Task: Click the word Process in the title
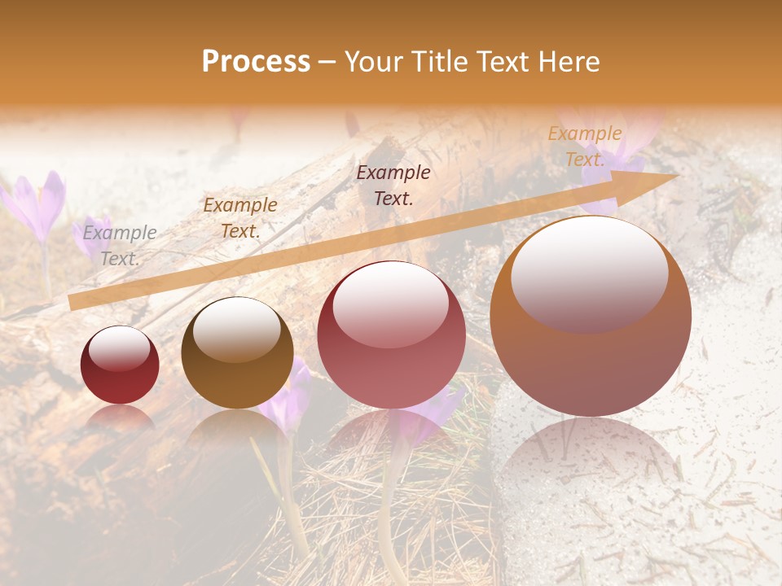click(x=256, y=62)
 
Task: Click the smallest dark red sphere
click(x=120, y=365)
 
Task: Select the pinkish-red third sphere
click(x=391, y=335)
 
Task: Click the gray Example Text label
click(x=120, y=246)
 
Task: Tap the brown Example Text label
click(x=240, y=218)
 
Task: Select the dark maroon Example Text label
click(x=393, y=185)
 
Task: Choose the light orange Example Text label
click(x=585, y=146)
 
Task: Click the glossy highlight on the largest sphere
click(x=589, y=272)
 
